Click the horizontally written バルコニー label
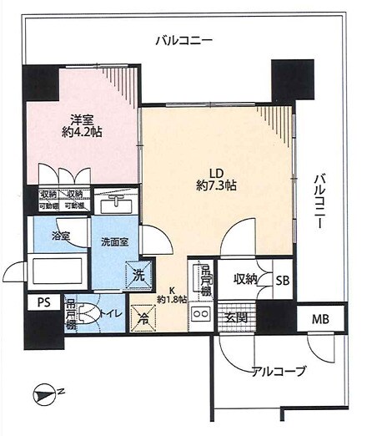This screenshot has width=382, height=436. click(185, 40)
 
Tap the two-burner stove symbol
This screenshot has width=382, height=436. click(201, 316)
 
